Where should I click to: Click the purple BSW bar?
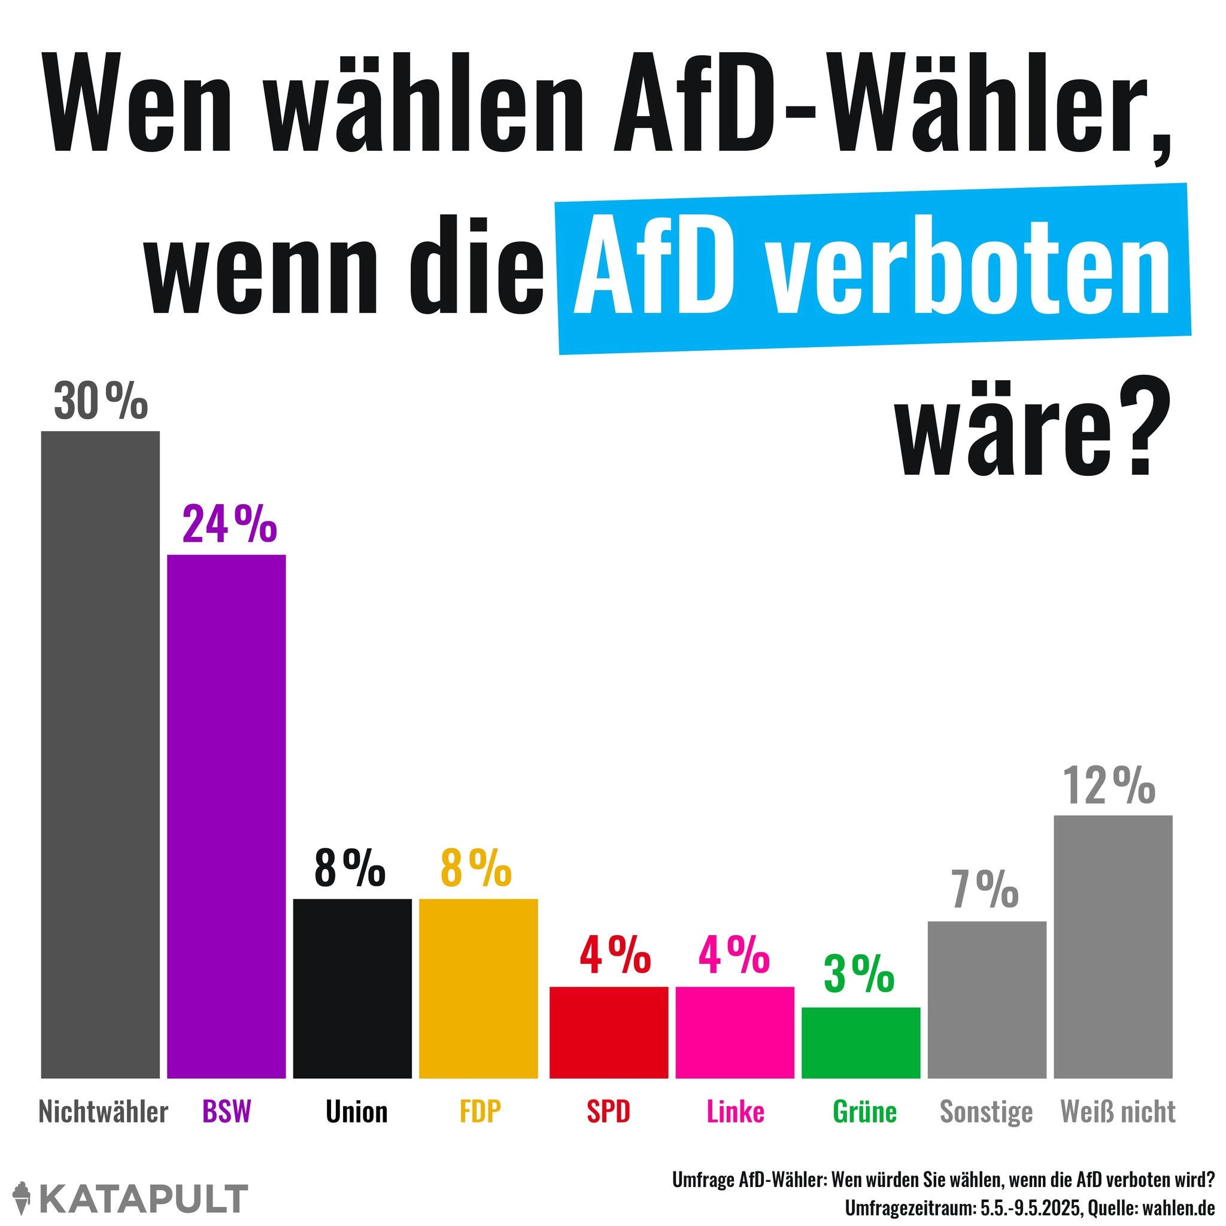pyautogui.click(x=226, y=815)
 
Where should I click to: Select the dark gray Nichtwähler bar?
pyautogui.click(x=100, y=754)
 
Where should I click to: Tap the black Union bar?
pyautogui.click(x=352, y=988)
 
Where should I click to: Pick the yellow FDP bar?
pyautogui.click(x=478, y=988)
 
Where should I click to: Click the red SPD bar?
pyautogui.click(x=609, y=1032)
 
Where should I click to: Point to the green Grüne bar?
pyautogui.click(x=860, y=1042)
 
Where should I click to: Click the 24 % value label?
pyautogui.click(x=229, y=525)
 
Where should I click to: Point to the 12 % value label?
pyautogui.click(x=1109, y=786)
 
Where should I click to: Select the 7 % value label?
pyautogui.click(x=985, y=890)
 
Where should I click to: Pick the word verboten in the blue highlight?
pyautogui.click(x=971, y=274)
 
